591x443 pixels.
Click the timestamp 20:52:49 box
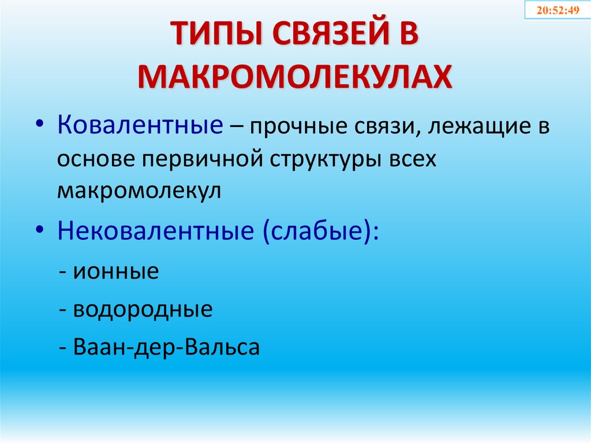(x=558, y=10)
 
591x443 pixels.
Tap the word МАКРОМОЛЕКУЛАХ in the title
(x=295, y=76)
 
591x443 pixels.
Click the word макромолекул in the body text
(x=139, y=191)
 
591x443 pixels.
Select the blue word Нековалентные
(x=156, y=232)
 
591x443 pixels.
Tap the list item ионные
(x=115, y=271)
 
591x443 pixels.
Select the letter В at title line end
(x=405, y=37)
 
